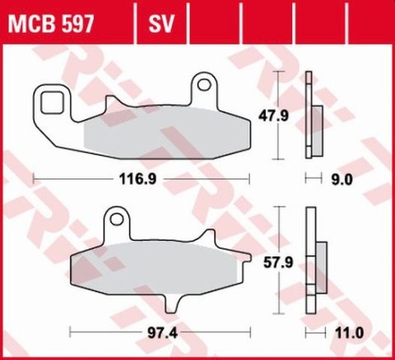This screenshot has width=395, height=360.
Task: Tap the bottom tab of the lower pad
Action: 174,304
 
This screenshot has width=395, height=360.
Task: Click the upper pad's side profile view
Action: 310,115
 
